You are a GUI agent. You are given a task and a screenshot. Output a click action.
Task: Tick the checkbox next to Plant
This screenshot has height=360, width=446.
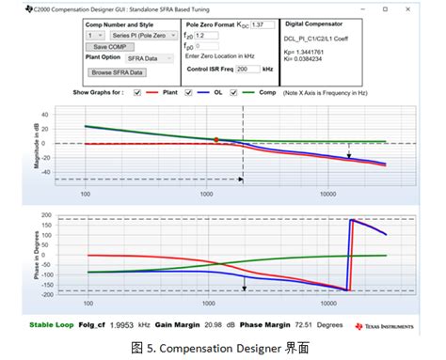137,92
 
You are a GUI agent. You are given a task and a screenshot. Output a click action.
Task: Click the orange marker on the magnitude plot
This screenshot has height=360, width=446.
215,139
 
